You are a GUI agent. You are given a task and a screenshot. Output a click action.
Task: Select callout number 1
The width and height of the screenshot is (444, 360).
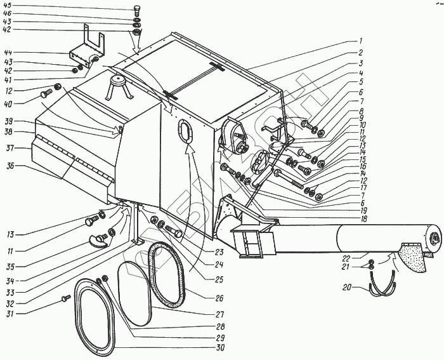coord(360,40)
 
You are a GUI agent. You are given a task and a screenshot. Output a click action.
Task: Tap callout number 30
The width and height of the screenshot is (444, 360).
coord(219,348)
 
